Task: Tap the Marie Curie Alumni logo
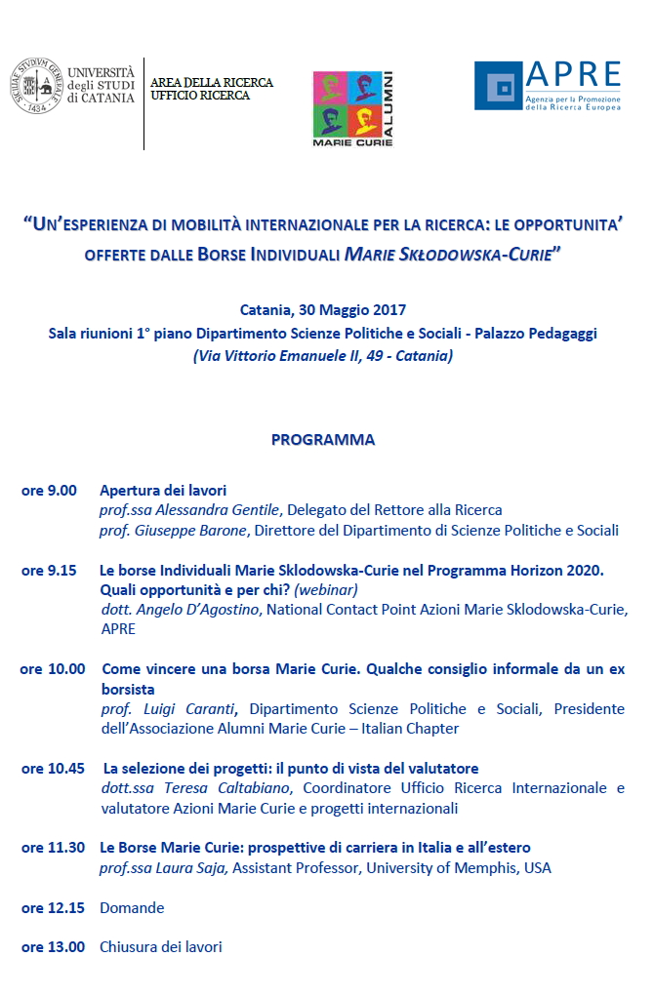coord(352,107)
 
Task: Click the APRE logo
coord(547,86)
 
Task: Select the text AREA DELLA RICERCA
coord(212,83)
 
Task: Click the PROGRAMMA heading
coord(323,439)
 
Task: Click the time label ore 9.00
coord(49,491)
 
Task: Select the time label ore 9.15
coord(49,571)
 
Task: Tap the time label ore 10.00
coord(53,669)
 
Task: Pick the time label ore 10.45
coord(53,769)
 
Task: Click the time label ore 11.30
coord(53,848)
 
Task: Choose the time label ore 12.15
coord(53,907)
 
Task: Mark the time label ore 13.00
coord(53,946)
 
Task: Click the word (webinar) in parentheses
coord(326,590)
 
